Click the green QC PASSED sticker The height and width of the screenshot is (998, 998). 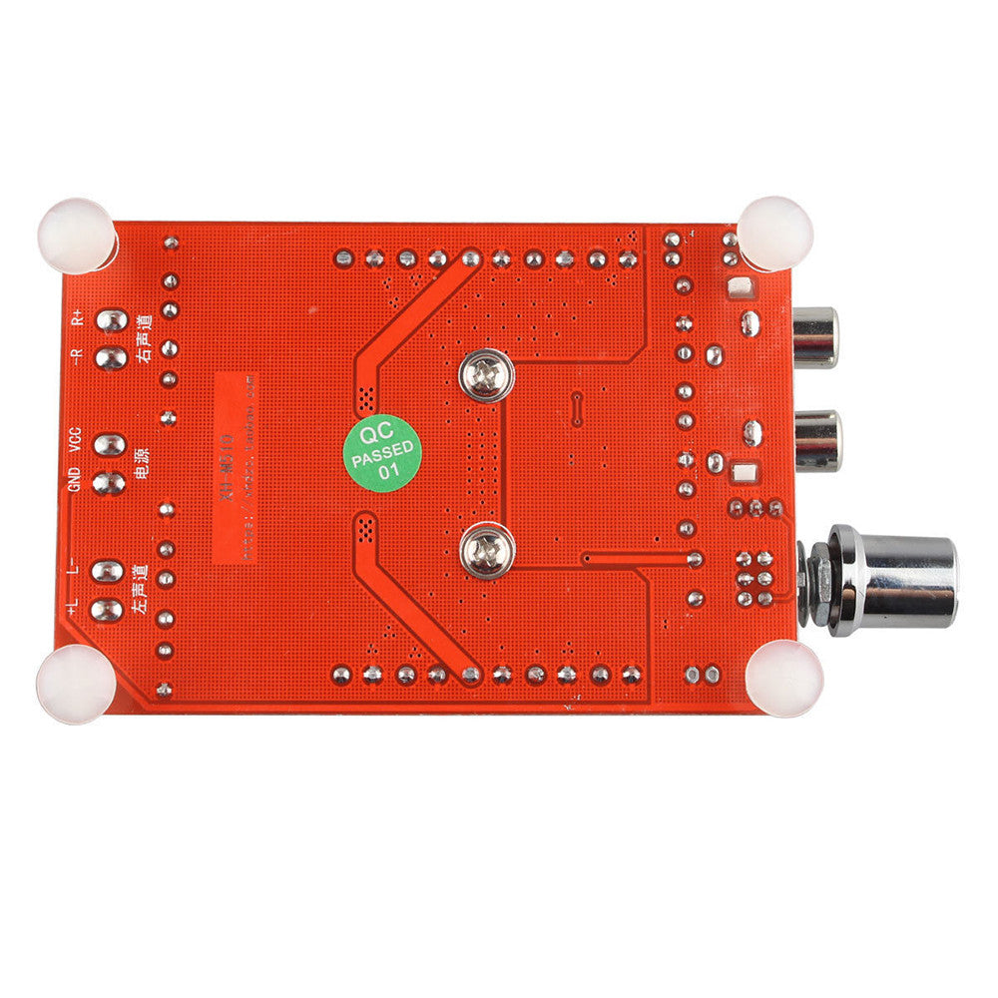coord(383,452)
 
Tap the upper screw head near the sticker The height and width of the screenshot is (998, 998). coord(486,376)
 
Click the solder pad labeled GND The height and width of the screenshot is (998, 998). coord(110,483)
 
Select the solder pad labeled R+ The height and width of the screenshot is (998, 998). coord(113,320)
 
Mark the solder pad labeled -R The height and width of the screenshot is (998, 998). coord(112,357)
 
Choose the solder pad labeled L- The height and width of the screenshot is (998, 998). coord(108,571)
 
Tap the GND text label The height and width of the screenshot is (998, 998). coord(73,483)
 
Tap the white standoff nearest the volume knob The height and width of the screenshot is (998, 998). coord(783,678)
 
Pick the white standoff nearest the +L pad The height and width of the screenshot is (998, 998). coord(75,683)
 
